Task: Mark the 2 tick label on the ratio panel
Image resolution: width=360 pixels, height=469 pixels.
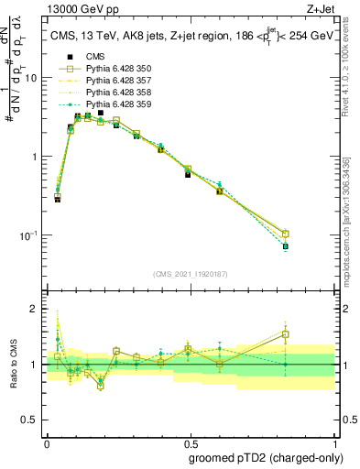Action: pos(35,309)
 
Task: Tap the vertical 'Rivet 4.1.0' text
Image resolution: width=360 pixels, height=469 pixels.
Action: pos(353,82)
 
